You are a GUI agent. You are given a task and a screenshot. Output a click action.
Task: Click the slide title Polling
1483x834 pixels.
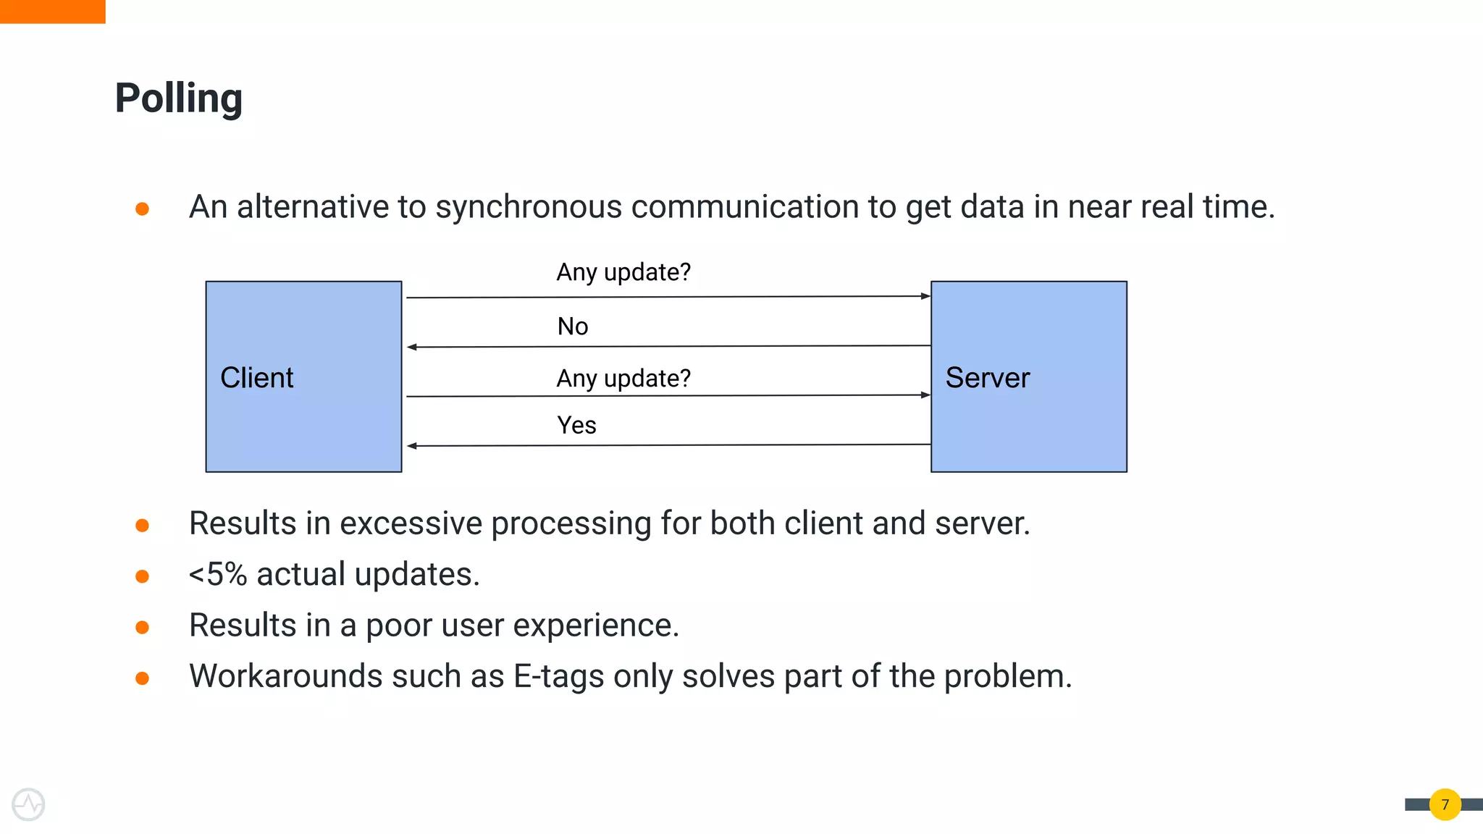click(178, 98)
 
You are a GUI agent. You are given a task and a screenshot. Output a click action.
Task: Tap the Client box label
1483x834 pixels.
click(256, 378)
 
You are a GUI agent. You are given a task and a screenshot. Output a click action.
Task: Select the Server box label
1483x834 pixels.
click(987, 378)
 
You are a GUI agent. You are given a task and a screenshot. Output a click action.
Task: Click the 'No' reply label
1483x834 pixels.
click(572, 327)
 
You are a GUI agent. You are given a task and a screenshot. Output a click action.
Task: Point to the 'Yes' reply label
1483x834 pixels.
click(576, 425)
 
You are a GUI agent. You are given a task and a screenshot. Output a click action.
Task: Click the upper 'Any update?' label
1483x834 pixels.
click(623, 272)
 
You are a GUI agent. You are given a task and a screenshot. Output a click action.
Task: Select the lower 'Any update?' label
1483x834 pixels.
click(623, 379)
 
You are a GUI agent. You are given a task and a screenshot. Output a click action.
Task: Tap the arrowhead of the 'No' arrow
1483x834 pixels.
click(412, 347)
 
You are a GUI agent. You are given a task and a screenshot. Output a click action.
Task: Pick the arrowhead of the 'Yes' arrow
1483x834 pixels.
click(412, 446)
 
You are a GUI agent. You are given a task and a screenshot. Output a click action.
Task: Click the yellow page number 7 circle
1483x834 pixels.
click(1445, 804)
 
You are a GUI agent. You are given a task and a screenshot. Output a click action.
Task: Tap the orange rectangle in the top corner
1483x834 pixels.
click(52, 12)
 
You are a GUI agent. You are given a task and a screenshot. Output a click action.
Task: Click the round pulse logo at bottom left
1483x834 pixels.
click(28, 804)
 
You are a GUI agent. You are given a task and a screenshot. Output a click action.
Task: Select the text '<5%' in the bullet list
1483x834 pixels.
click(217, 575)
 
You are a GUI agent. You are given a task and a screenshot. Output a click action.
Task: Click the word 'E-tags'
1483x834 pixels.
click(558, 677)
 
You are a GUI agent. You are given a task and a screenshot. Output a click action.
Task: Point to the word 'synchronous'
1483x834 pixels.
click(528, 208)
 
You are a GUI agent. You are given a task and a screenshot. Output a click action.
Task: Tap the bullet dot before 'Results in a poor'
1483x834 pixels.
click(143, 627)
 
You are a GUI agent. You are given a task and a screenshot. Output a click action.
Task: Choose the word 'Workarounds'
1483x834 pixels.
click(285, 677)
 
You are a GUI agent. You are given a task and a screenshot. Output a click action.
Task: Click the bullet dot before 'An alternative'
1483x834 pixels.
click(143, 209)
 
